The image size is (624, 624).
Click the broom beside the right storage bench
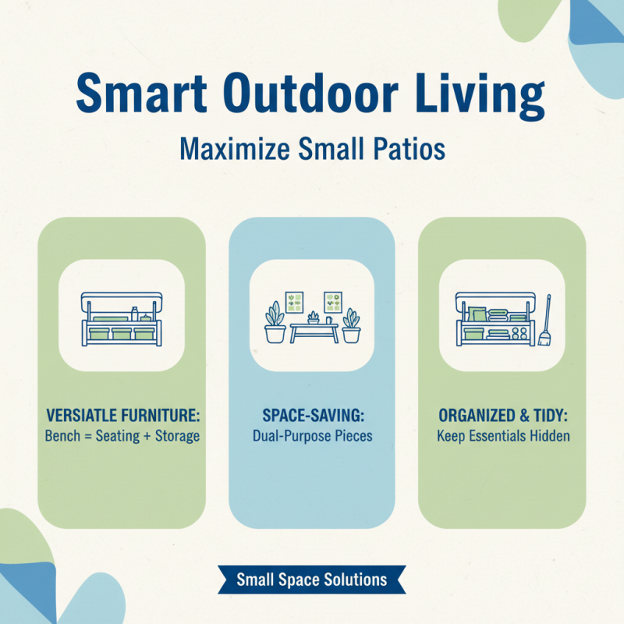click(544, 321)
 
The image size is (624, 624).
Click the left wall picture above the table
click(295, 301)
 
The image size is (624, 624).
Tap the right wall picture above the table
click(333, 301)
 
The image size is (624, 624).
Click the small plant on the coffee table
click(314, 317)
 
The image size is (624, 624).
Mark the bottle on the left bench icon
click(134, 314)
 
